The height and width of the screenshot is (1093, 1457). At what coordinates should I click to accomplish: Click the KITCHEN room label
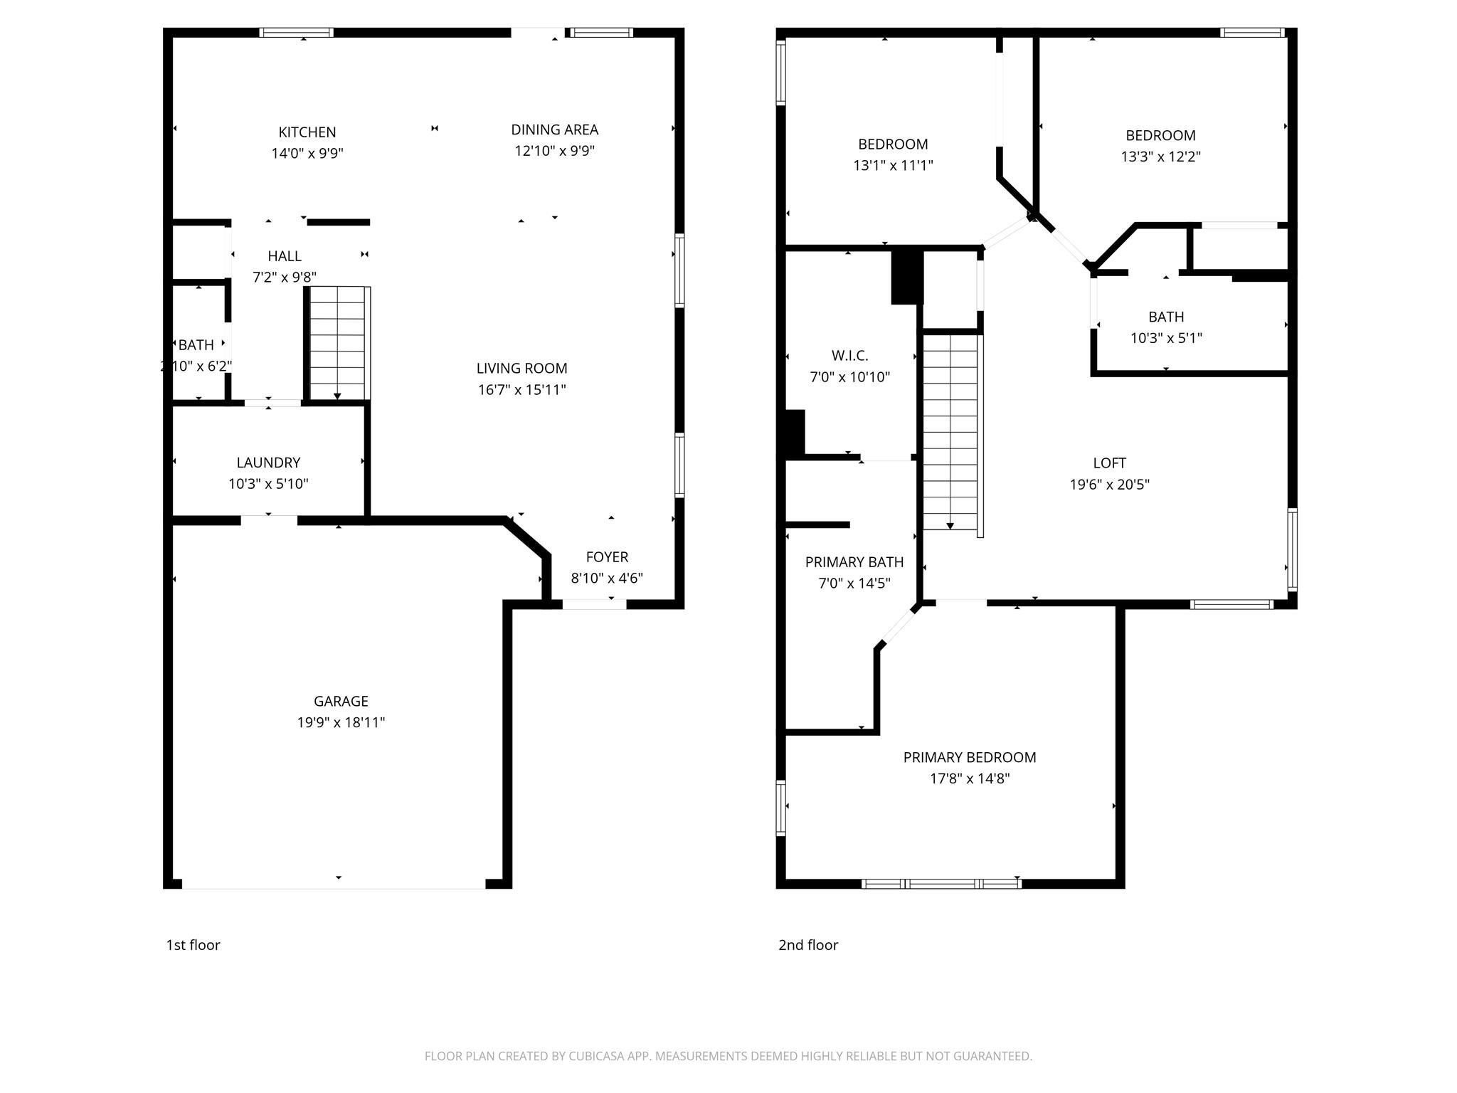pos(307,132)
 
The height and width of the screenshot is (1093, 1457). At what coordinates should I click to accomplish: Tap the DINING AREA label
pos(555,130)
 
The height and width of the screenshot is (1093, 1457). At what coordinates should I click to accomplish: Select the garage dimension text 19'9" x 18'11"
pos(341,722)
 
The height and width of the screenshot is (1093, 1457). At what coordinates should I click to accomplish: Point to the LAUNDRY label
pos(268,463)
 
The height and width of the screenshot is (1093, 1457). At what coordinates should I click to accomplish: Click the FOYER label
pos(607,557)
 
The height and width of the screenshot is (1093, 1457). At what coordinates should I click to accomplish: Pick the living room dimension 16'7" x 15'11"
pos(522,389)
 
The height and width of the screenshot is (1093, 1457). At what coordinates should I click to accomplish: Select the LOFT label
pos(1110,463)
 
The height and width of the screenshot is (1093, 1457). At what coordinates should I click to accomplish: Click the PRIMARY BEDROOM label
pos(970,757)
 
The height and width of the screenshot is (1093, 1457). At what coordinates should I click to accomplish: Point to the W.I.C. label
pos(849,356)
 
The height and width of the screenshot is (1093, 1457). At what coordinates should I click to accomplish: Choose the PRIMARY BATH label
pos(854,562)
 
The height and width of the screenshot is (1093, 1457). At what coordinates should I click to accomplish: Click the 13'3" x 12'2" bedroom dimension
pos(1161,157)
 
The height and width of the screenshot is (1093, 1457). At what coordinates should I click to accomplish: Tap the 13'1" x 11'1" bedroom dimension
pos(893,165)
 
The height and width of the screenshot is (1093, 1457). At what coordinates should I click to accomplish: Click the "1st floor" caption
pos(194,945)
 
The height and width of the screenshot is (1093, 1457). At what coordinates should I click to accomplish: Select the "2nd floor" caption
pos(808,945)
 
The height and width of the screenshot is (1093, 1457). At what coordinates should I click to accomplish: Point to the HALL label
pos(285,256)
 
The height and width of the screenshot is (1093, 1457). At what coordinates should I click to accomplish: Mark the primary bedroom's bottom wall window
pos(941,884)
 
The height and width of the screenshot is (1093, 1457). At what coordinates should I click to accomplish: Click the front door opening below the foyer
pos(594,604)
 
